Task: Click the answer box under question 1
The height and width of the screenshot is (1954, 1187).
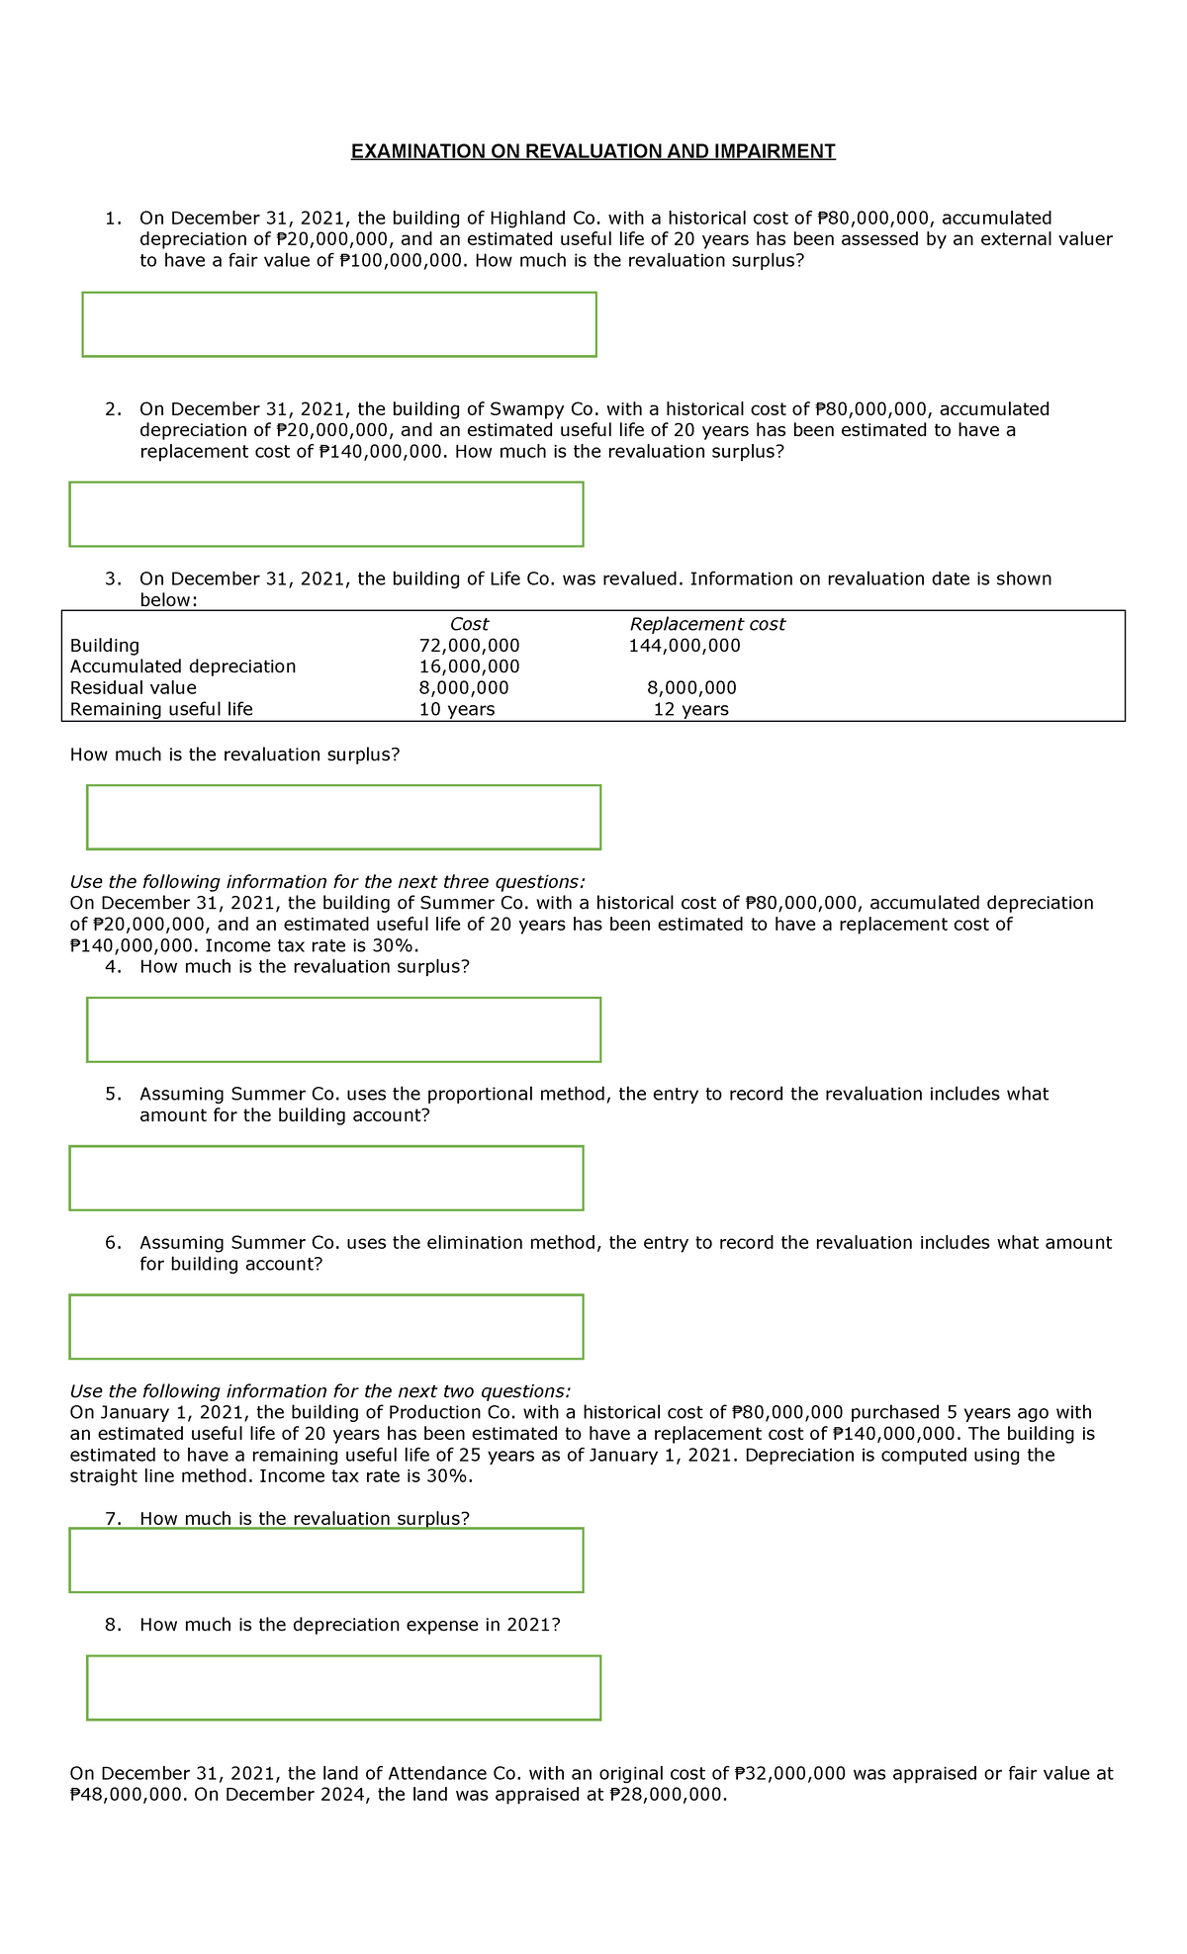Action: tap(339, 324)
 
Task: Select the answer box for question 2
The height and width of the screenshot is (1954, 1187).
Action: tap(326, 514)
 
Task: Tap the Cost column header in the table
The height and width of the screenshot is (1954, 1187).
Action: tap(469, 624)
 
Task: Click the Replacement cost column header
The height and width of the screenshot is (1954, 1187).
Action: tap(707, 624)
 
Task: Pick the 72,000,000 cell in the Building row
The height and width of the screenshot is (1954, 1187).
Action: tap(469, 646)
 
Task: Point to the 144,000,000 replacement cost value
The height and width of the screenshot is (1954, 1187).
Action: tap(685, 646)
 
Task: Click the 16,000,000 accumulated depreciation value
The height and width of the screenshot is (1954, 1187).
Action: tap(469, 666)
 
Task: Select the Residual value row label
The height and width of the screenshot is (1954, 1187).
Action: tap(134, 688)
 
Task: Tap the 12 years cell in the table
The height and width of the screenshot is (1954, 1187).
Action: tap(690, 710)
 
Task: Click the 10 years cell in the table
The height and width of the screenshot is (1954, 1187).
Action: tap(457, 710)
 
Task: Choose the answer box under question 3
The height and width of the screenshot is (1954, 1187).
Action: tap(343, 817)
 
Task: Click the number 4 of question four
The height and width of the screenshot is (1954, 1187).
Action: tap(112, 967)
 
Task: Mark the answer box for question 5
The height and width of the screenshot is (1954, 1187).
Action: tap(326, 1178)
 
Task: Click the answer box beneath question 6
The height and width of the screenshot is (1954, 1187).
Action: tap(326, 1327)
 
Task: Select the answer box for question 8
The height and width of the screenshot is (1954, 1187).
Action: tap(343, 1688)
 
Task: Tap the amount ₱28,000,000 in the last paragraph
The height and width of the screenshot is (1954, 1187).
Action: tap(668, 1795)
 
